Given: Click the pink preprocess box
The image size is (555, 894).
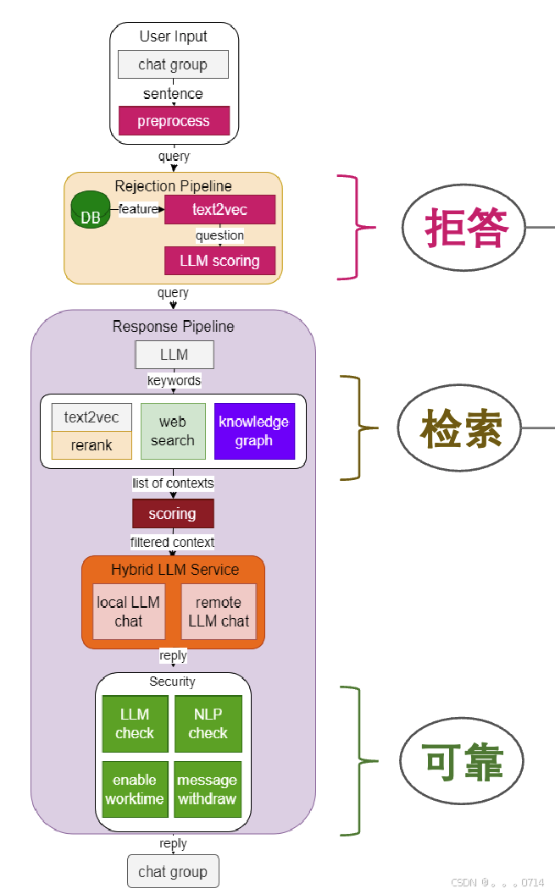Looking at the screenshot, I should (x=174, y=121).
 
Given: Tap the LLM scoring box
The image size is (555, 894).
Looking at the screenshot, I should (x=219, y=261).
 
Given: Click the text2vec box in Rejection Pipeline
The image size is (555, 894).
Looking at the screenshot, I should (x=219, y=209).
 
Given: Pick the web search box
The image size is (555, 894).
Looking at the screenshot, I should (x=173, y=431).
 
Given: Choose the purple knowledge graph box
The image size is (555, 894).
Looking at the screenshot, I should (x=254, y=431).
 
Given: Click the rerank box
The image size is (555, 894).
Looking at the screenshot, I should (x=92, y=445).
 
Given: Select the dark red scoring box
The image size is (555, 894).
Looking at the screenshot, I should (x=173, y=514).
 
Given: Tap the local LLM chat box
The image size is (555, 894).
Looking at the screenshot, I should (x=129, y=611).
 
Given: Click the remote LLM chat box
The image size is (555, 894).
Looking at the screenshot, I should (x=219, y=611).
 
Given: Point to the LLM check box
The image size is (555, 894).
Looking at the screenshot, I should (x=135, y=724).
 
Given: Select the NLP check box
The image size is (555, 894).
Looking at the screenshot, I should (x=208, y=724).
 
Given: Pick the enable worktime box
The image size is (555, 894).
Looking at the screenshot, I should (x=135, y=789).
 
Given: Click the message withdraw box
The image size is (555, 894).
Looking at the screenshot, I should (x=208, y=789).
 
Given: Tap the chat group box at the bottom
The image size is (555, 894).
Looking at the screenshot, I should (x=173, y=871).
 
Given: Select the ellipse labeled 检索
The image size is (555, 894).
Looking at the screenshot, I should (x=460, y=428).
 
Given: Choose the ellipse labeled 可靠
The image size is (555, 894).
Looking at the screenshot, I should (x=462, y=761).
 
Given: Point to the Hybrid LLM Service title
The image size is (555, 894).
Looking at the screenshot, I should (x=175, y=570).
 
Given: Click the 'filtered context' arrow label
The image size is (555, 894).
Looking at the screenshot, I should (x=173, y=542).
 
